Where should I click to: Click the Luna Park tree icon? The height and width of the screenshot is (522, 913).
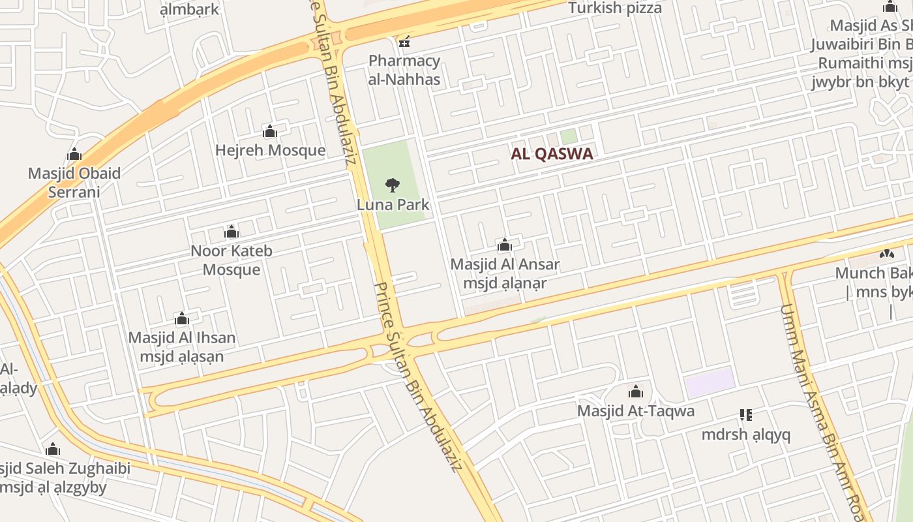(x=392, y=185)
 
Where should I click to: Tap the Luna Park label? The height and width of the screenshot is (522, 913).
(x=393, y=204)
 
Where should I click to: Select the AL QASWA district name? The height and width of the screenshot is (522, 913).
(x=552, y=154)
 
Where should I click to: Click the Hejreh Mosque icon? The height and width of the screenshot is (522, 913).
(x=270, y=132)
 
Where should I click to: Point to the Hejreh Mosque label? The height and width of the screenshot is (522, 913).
(x=270, y=150)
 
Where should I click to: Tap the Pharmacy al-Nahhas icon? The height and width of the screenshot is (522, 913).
(x=404, y=42)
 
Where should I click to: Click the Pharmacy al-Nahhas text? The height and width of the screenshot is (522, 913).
(x=404, y=70)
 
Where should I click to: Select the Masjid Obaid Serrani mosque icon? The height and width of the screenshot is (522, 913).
(x=74, y=155)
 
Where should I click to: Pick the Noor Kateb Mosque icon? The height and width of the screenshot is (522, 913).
(x=232, y=232)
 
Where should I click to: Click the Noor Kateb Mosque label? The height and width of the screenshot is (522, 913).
(x=232, y=260)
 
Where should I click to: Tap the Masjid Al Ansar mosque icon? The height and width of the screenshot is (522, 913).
(x=505, y=246)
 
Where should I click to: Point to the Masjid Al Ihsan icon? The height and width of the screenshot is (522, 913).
(x=182, y=319)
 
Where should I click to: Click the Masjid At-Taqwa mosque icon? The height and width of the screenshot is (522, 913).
(x=636, y=392)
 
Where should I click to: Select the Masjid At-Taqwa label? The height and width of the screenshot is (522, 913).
(x=636, y=411)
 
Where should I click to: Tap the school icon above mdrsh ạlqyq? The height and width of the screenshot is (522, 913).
(x=746, y=415)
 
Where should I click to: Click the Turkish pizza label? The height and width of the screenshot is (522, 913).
(x=615, y=8)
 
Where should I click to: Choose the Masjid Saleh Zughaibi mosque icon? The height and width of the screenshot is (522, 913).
(x=53, y=450)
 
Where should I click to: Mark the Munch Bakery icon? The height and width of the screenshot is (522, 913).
(x=887, y=254)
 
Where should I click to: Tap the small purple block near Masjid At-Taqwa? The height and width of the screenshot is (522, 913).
(x=710, y=382)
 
